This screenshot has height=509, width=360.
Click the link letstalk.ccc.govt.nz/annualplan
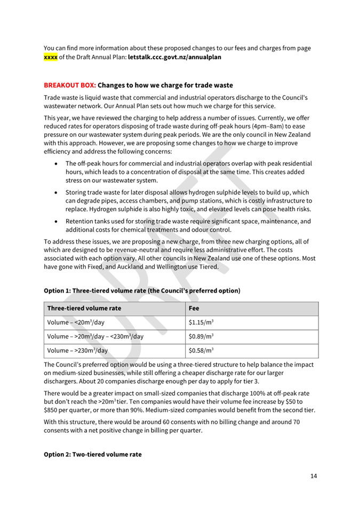(174, 56)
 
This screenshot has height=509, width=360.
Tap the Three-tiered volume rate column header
(84, 308)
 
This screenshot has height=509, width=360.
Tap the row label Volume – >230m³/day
(77, 350)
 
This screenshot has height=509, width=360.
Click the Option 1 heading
(142, 290)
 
